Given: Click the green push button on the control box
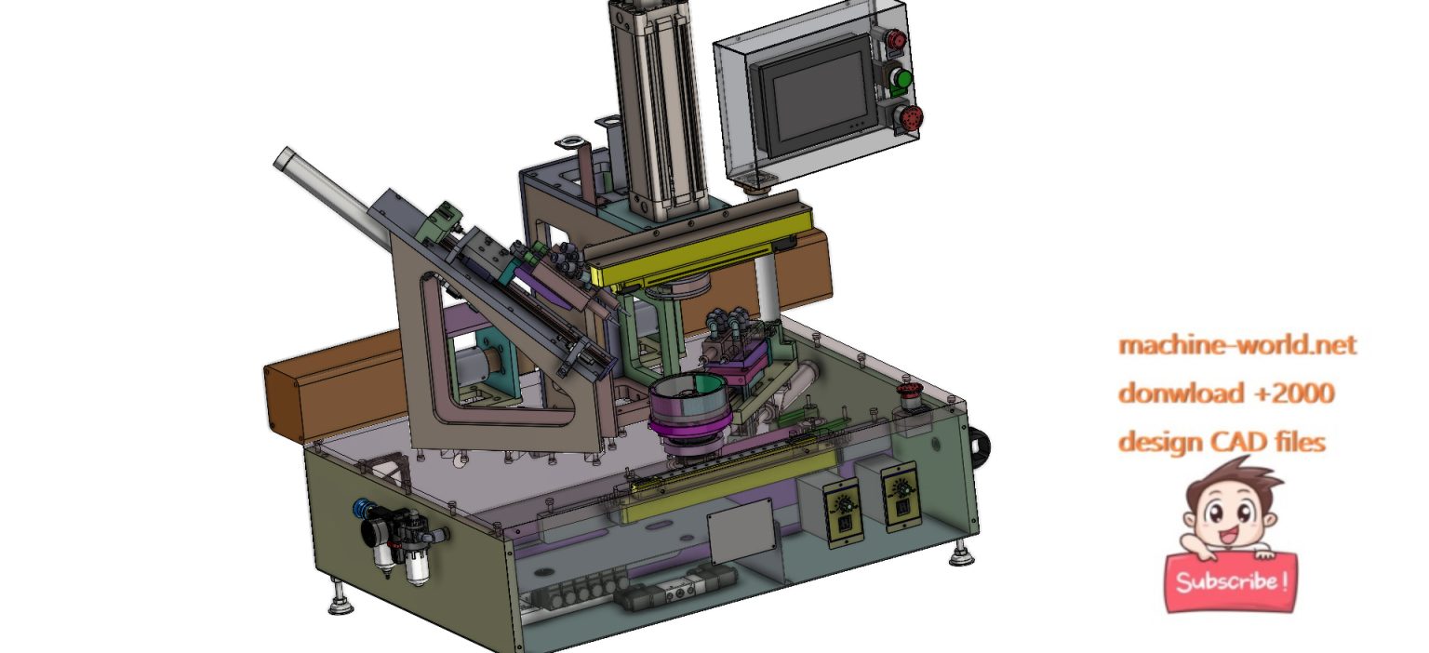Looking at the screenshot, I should [899, 78].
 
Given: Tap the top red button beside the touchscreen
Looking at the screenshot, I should [896, 40].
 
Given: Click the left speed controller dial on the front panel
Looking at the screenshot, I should [843, 504].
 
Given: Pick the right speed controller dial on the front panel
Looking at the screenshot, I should [900, 487].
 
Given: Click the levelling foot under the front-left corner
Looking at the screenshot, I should [340, 605].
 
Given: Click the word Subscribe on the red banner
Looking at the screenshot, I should [1230, 582].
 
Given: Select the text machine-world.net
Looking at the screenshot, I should [1236, 345].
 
